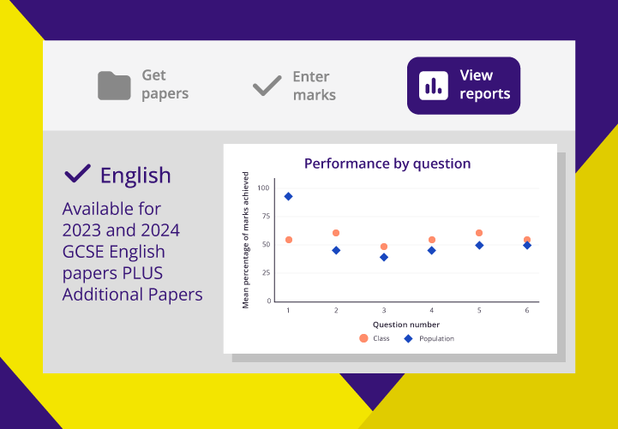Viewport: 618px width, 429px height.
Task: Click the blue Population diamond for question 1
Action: click(288, 196)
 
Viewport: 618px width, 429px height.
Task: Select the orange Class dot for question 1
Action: click(289, 240)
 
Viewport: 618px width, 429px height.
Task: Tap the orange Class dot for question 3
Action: click(384, 247)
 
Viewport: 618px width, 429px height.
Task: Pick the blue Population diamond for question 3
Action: click(384, 258)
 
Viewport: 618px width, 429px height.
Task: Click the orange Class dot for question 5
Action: click(479, 233)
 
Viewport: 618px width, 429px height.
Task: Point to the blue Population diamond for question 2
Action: click(336, 250)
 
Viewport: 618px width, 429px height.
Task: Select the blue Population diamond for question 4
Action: click(432, 250)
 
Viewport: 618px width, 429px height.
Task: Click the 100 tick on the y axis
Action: click(263, 188)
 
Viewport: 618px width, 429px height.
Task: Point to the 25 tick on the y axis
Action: click(267, 273)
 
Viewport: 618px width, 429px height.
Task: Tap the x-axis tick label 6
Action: click(527, 311)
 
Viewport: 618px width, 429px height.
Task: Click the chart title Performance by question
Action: click(387, 164)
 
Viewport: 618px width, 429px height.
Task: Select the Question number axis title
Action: click(406, 325)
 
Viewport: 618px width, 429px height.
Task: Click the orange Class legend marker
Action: click(363, 338)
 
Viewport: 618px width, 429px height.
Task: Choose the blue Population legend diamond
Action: click(409, 338)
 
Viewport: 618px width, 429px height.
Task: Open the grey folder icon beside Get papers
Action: click(114, 86)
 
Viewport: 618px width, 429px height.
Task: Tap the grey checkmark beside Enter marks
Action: click(267, 86)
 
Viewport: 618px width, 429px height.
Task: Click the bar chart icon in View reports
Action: click(434, 86)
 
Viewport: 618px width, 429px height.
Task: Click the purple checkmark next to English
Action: click(78, 174)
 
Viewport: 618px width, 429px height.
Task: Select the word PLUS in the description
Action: click(143, 273)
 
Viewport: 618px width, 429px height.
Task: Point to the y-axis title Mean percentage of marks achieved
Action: click(245, 240)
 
